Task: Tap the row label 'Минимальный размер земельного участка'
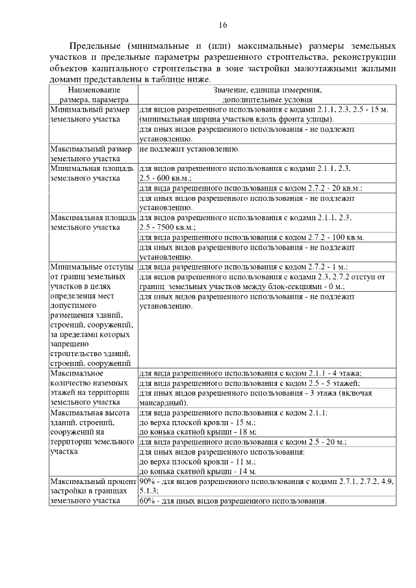(92, 115)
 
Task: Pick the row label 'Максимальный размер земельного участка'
(92, 153)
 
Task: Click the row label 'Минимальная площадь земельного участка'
(92, 173)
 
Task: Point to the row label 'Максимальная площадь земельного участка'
(92, 222)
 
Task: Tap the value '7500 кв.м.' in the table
(169, 227)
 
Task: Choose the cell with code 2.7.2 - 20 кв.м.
(250, 188)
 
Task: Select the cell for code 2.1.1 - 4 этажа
(250, 373)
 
